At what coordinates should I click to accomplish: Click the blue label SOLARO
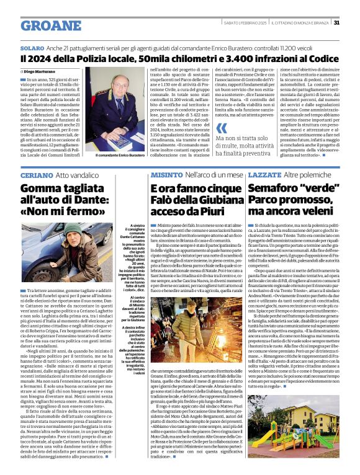[x=32, y=48]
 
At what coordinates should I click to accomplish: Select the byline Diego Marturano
[x=43, y=73]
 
